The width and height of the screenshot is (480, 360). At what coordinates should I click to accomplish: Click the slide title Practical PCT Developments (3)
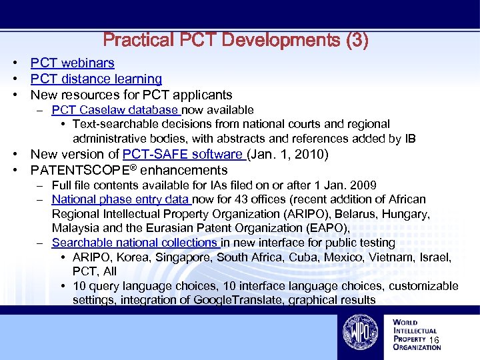235,40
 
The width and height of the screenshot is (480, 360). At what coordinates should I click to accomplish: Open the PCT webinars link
72,63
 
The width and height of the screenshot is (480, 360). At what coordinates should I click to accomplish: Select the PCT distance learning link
96,79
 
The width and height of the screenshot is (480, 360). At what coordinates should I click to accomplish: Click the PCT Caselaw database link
115,109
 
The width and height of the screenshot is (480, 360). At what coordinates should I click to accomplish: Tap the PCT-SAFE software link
183,154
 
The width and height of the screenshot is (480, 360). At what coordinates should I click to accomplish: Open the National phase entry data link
121,199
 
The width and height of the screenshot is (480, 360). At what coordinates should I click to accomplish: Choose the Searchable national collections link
135,243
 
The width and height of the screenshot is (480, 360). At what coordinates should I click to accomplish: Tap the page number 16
434,341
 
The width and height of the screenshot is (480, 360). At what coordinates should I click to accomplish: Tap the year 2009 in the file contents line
362,185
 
